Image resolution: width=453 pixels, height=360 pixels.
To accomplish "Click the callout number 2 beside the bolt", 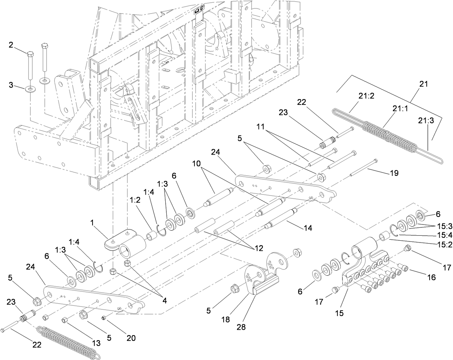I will [11, 45].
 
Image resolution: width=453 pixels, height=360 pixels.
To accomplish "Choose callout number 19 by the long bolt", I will [394, 173].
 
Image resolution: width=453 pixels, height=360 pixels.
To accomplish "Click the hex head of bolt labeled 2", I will [30, 54].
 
